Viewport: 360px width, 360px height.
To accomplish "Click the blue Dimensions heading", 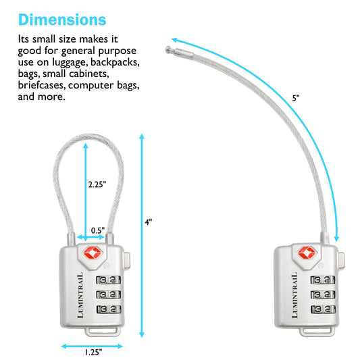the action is tap(62, 20).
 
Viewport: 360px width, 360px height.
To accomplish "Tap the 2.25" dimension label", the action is tap(97, 184).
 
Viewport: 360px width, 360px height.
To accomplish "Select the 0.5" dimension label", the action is tap(98, 230).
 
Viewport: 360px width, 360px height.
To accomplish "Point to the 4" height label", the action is tap(149, 222).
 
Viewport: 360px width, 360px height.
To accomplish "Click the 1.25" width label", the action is tap(93, 352).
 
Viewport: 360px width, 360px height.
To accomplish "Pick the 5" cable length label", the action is tap(296, 98).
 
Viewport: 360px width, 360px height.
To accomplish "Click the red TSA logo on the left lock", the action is tap(92, 253).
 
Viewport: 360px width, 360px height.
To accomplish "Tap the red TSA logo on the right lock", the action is tap(307, 253).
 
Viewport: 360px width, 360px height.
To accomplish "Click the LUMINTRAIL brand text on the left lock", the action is tap(80, 295).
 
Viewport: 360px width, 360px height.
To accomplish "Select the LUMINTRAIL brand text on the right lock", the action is tap(294, 295).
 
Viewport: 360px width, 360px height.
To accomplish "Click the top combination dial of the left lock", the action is tap(108, 280).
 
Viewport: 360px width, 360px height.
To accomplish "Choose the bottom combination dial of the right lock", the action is tap(323, 309).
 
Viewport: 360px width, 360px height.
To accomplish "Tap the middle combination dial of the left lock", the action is tap(108, 294).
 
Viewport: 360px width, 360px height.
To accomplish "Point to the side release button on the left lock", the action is tap(127, 260).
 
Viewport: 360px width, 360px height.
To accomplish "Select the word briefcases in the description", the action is tap(42, 85).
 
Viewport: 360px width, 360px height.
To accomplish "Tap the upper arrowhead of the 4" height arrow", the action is tap(142, 136).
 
